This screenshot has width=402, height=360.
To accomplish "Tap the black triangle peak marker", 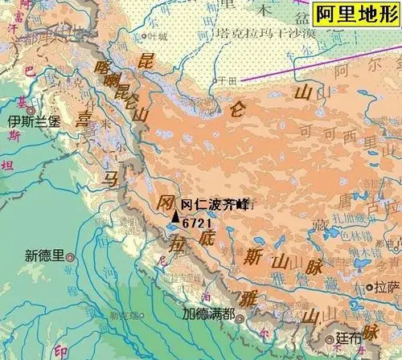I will pyautogui.click(x=176, y=215).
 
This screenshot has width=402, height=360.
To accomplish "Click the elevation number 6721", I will pyautogui.click(x=197, y=223).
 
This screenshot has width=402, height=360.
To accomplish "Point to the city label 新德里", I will pyautogui.click(x=43, y=256).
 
